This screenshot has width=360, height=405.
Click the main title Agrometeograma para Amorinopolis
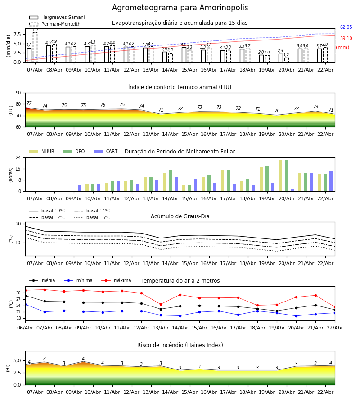[x=180, y=8]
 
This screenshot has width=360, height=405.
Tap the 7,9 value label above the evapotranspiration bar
[x=35, y=30]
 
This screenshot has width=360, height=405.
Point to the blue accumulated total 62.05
[x=346, y=27]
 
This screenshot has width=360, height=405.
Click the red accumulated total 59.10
[x=346, y=39]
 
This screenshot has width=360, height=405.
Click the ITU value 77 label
[x=29, y=103]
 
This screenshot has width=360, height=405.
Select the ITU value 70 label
[x=277, y=111]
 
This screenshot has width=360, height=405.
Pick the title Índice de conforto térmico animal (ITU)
[x=180, y=87]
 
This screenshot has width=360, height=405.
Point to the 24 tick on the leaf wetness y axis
[x=19, y=158]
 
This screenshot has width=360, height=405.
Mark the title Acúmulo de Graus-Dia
[x=180, y=216]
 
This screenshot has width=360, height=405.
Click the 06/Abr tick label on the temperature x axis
[x=25, y=327]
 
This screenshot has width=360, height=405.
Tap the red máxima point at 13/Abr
[x=161, y=304]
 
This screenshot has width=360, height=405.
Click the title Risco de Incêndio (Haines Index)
[x=180, y=345]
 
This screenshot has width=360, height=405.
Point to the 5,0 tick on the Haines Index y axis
[x=17, y=360]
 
